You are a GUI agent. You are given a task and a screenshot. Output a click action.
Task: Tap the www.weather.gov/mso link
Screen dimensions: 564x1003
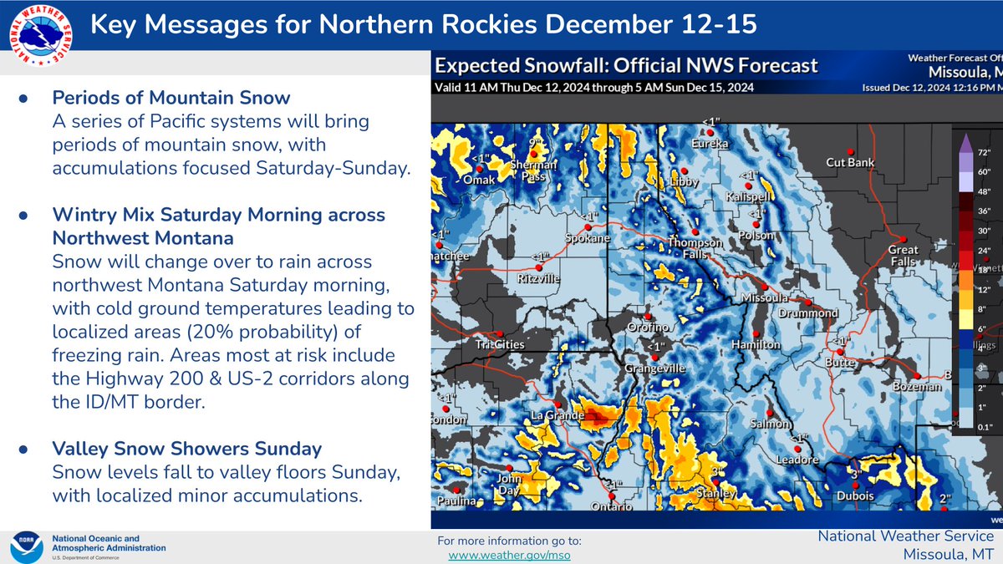[509, 555]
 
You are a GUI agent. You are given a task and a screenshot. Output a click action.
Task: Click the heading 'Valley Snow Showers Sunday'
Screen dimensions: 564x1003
[186, 449]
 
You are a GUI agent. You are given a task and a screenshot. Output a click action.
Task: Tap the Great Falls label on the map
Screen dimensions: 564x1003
[903, 255]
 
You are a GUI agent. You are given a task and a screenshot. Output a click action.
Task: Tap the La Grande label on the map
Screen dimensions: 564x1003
[555, 415]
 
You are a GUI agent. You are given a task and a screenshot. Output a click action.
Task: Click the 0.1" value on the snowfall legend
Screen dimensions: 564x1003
[983, 427]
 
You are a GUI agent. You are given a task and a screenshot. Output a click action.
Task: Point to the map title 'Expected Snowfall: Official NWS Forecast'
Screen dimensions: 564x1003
[627, 66]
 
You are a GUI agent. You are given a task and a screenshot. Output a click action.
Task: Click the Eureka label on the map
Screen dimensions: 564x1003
[711, 144]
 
